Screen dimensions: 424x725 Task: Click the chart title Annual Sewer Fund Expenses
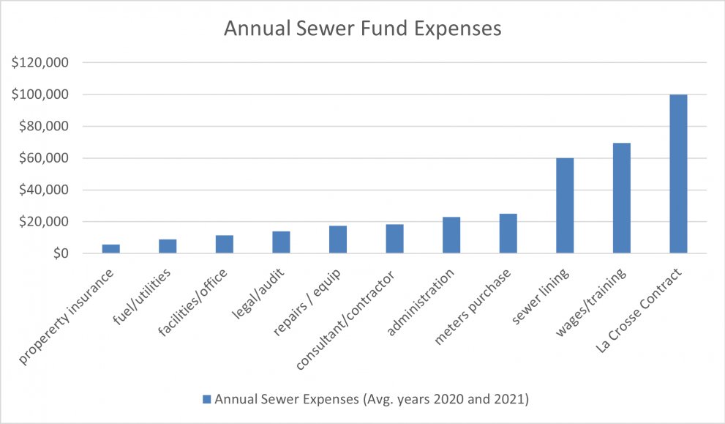(x=362, y=29)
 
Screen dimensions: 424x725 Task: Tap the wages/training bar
(x=621, y=198)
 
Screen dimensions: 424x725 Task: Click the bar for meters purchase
(x=508, y=234)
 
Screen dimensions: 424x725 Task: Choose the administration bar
(x=451, y=235)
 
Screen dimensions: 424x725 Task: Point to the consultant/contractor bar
(x=394, y=239)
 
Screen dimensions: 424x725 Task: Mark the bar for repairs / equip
(x=337, y=239)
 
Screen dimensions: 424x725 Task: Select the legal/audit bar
(x=281, y=242)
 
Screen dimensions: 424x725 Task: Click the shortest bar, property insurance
(x=110, y=249)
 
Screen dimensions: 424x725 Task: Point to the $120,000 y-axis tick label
(x=40, y=63)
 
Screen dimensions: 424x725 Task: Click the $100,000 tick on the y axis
(x=40, y=94)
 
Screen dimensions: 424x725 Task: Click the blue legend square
(x=206, y=398)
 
